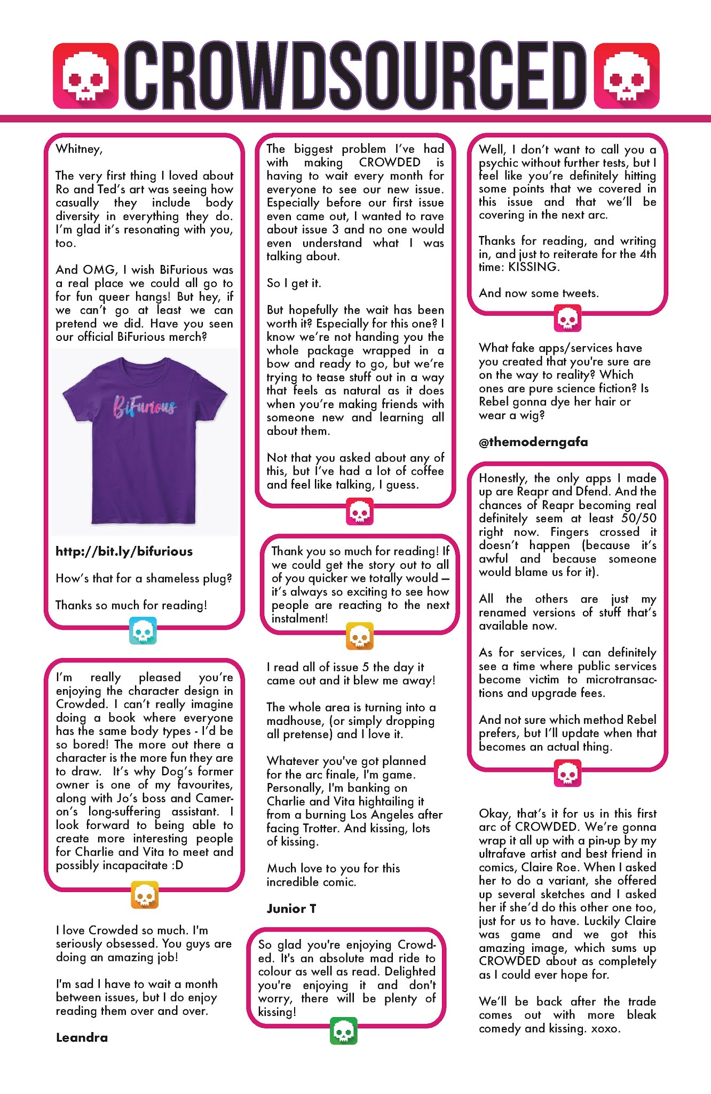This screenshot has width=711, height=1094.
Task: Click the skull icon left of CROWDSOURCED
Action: tap(85, 76)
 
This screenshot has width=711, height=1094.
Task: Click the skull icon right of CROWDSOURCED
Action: tap(626, 76)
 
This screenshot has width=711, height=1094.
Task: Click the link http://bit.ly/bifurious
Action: tap(124, 551)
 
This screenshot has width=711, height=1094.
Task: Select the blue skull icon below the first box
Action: tap(143, 631)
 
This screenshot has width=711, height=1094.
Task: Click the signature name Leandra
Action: tap(82, 1037)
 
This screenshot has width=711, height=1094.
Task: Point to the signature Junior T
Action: tap(291, 909)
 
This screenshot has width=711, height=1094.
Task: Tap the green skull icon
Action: tap(344, 1031)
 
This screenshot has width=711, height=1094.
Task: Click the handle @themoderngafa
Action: tap(533, 442)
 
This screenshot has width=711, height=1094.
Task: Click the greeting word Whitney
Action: tap(78, 149)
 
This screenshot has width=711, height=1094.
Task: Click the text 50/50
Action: tap(639, 518)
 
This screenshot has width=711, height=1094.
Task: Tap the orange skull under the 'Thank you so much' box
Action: tap(359, 636)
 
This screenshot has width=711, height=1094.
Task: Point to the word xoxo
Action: tap(605, 1028)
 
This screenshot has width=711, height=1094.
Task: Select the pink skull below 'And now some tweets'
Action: tap(567, 319)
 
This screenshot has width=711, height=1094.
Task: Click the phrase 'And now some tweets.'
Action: tap(539, 293)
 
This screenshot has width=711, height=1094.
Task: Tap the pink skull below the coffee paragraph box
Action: tap(359, 512)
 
